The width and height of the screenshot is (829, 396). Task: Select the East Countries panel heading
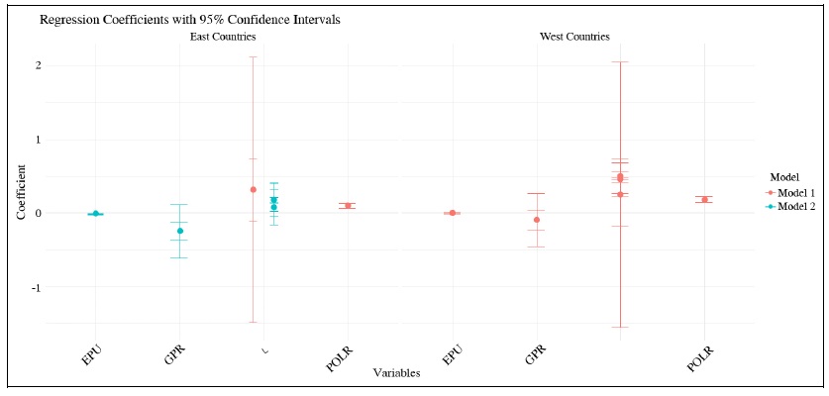tap(223, 37)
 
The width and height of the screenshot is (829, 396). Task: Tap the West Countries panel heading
tap(573, 37)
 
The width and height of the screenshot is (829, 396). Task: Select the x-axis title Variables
tap(396, 373)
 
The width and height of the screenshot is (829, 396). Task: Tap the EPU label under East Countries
tap(90, 353)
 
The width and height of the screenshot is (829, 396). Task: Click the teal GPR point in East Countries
tap(179, 231)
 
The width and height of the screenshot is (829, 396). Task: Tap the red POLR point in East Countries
tap(348, 206)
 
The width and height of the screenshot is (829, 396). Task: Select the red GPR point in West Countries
tap(536, 220)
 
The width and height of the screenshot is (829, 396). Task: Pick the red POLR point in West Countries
tap(704, 200)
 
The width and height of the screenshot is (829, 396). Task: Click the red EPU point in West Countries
tap(452, 213)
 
